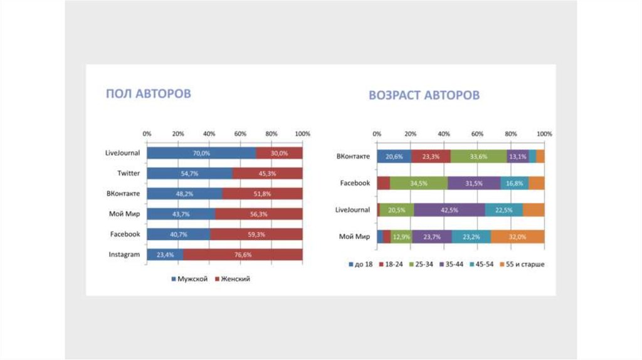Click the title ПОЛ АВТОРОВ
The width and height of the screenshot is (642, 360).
[148, 93]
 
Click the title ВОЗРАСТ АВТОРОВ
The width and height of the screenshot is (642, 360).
[424, 95]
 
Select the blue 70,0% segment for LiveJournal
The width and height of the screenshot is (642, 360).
[201, 153]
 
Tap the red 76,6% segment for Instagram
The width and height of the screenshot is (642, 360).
[243, 255]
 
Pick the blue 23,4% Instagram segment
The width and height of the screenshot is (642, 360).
[165, 255]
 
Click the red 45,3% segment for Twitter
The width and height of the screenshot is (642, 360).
[267, 173]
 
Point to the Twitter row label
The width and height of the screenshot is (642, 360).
[128, 173]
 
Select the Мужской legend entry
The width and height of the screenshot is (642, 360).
[189, 278]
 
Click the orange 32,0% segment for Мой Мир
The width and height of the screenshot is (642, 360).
[518, 236]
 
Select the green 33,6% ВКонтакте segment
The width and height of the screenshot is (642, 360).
[478, 157]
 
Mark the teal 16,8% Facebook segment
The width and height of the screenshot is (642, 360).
[514, 183]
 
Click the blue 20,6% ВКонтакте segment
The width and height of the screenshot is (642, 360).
[394, 157]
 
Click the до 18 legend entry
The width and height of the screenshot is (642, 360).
[361, 264]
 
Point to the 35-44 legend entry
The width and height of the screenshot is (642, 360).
[454, 264]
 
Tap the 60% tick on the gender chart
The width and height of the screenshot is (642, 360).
[240, 134]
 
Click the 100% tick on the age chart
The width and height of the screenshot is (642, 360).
[544, 134]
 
